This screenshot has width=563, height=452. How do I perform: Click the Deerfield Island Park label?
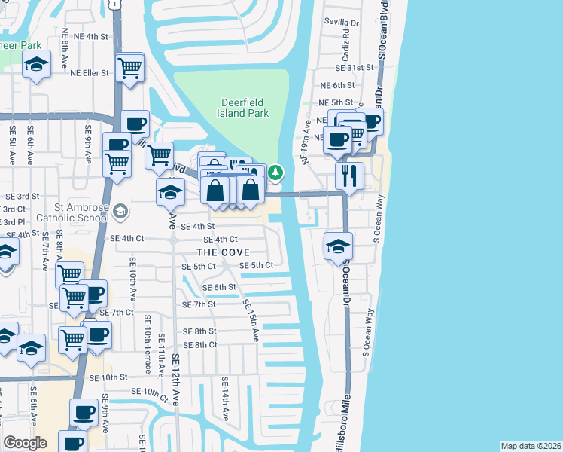click(245, 108)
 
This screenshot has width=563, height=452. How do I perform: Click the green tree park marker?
click(276, 173)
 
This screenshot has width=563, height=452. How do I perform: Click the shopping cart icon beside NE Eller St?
click(130, 68)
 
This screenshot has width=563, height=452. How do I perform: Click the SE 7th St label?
click(199, 304)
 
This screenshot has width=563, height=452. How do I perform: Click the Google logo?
click(25, 443)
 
